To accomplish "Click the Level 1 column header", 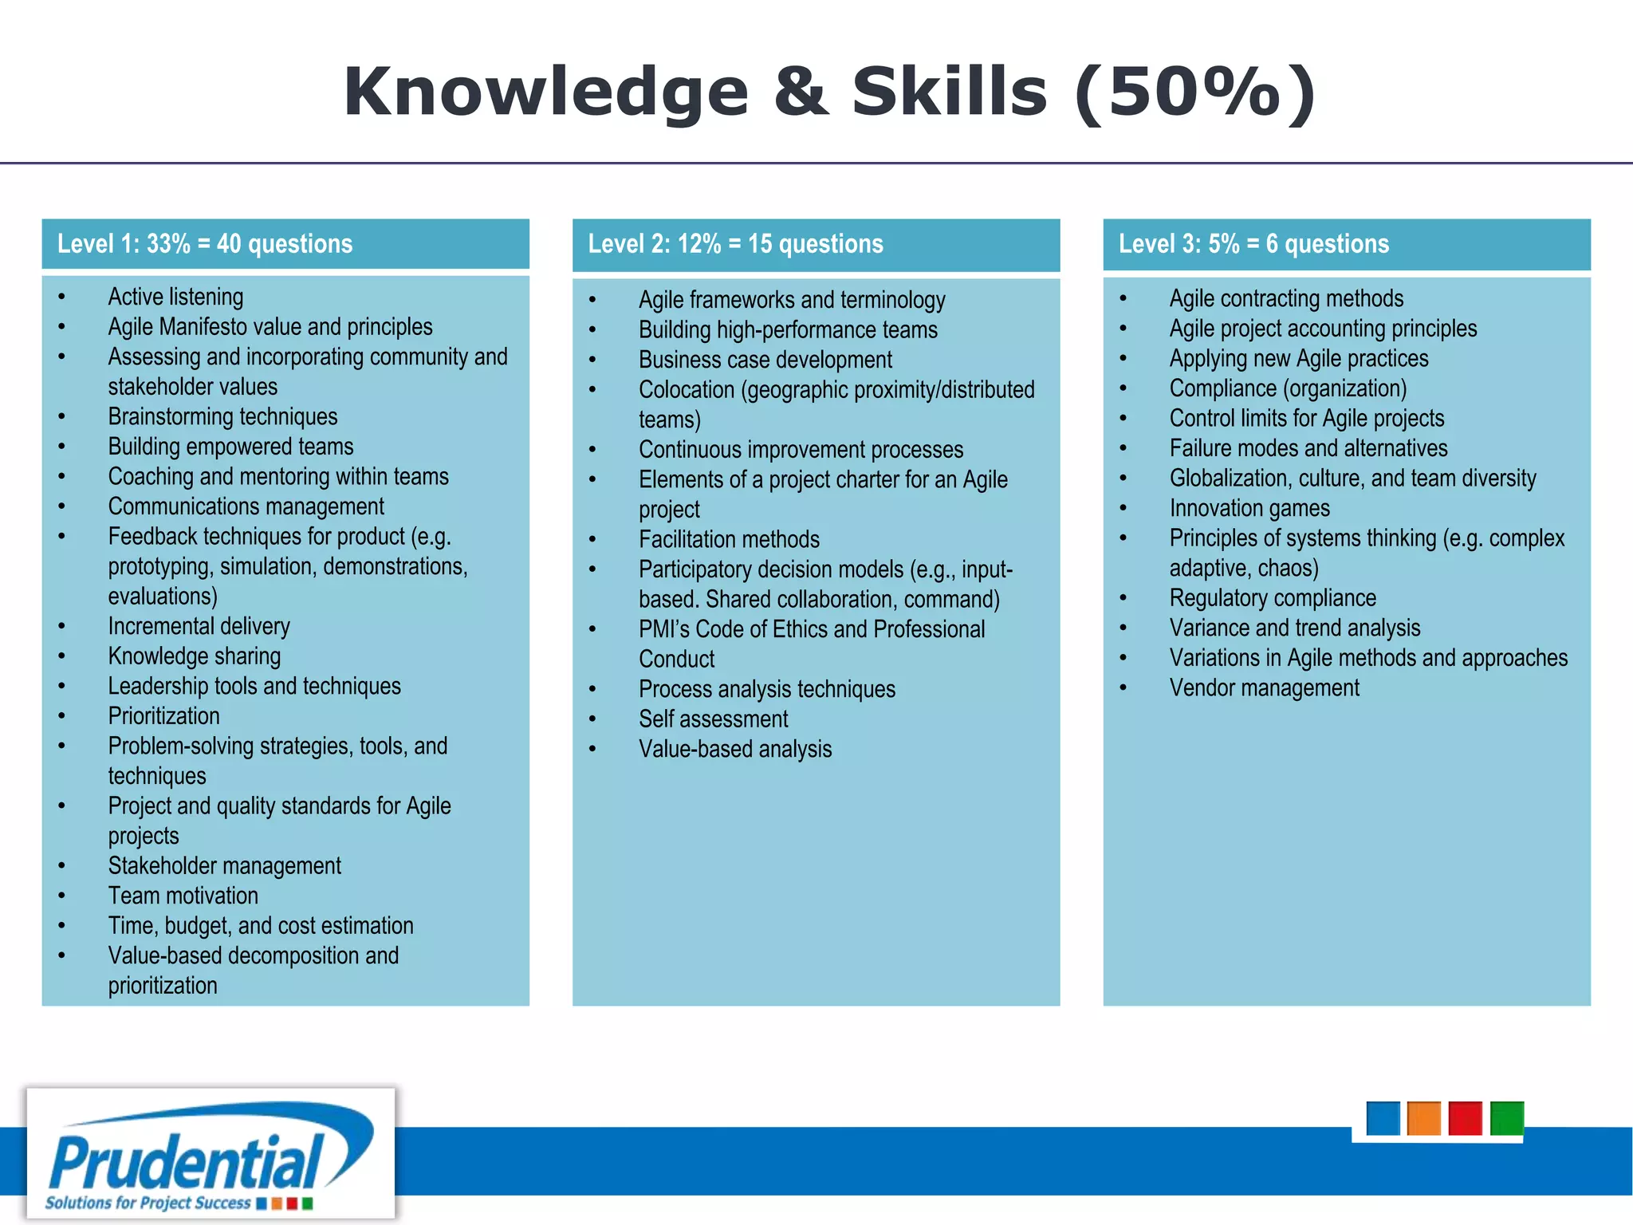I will click(205, 244).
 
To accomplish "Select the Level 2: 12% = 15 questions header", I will click(735, 244).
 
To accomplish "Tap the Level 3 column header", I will click(1253, 244).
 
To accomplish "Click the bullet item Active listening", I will click(175, 297).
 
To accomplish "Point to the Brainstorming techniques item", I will click(222, 416).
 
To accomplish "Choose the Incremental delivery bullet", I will click(199, 626).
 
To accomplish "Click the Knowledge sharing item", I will click(194, 656).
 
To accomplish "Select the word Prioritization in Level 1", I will click(163, 716).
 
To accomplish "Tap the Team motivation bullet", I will click(183, 896).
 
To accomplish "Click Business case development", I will click(765, 360).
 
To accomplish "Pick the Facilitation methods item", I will click(729, 540).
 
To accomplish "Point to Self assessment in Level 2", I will click(713, 719).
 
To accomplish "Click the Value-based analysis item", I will click(734, 750).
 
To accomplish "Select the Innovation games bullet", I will click(1249, 508).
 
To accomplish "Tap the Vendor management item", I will click(1264, 687).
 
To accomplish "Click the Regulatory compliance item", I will click(1273, 598).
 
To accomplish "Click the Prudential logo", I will click(211, 1154).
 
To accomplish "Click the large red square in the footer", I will click(1465, 1118).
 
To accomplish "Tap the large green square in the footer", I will click(1506, 1118).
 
